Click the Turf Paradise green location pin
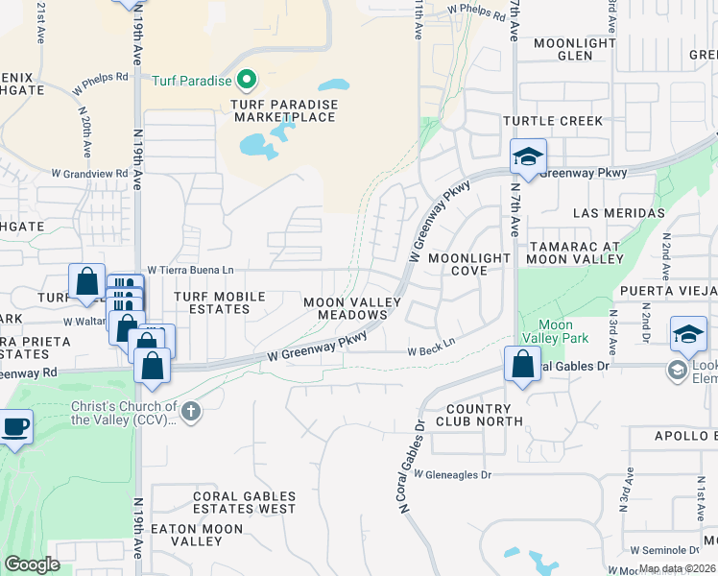(x=247, y=80)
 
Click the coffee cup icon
(x=14, y=427)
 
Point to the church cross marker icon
(x=191, y=412)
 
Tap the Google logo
(x=32, y=564)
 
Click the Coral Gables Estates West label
(x=244, y=502)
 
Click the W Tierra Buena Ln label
(x=190, y=271)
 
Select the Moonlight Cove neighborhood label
(x=470, y=264)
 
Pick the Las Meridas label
(x=619, y=212)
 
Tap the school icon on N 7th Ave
(x=527, y=156)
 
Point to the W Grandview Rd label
(x=89, y=174)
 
